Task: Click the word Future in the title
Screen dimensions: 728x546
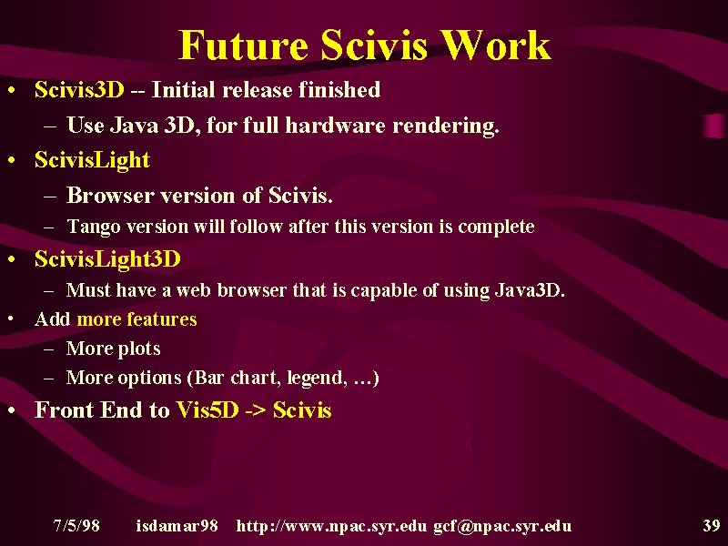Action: [x=243, y=45]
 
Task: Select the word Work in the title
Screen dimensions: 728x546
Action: [x=495, y=45]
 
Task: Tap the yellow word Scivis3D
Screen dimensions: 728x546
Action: [x=79, y=89]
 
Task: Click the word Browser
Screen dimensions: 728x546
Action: [x=110, y=195]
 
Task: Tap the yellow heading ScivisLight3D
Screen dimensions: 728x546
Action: [x=107, y=259]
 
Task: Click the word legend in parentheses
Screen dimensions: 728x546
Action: [x=317, y=378]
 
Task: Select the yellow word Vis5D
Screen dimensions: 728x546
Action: [x=207, y=410]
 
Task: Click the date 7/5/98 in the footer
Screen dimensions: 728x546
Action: [x=76, y=526]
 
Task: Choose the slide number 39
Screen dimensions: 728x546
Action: [x=712, y=526]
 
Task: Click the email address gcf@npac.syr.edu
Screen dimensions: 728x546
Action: [x=502, y=527]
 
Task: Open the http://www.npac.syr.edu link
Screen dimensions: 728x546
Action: [x=331, y=527]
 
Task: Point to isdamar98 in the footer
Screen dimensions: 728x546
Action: [x=177, y=526]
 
